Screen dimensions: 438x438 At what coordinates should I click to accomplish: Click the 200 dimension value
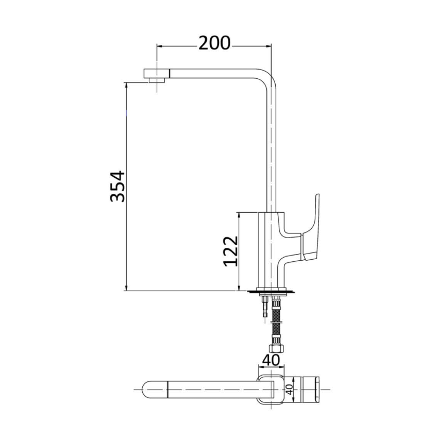pyautogui.click(x=214, y=44)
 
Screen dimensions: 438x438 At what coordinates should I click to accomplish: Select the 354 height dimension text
pyautogui.click(x=117, y=186)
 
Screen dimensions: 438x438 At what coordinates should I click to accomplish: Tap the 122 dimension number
pyautogui.click(x=230, y=251)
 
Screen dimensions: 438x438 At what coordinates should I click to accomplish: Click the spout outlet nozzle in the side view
pyautogui.click(x=157, y=76)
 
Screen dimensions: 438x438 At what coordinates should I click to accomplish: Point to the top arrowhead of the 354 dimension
pyautogui.click(x=127, y=86)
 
